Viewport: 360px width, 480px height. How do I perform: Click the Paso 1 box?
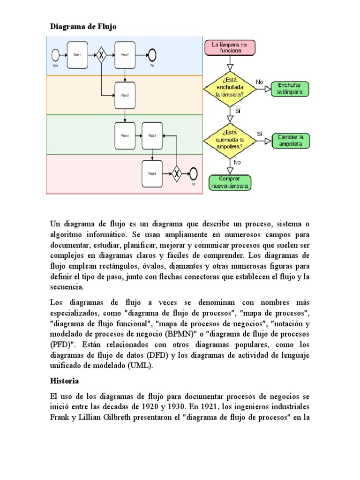(77, 55)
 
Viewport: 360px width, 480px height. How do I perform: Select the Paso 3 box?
(125, 95)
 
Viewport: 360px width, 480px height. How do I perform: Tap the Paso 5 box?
(152, 135)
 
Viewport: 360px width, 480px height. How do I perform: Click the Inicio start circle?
(55, 55)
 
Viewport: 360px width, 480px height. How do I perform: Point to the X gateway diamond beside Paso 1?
(100, 55)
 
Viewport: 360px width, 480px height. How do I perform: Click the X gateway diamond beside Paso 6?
(177, 173)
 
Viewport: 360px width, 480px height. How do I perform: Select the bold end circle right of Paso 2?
(152, 55)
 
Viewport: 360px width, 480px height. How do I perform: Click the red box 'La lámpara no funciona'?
(230, 47)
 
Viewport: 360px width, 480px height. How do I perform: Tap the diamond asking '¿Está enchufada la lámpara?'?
(230, 88)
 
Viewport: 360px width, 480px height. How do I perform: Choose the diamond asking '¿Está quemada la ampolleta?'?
(230, 139)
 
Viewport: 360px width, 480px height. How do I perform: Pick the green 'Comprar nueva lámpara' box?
(230, 182)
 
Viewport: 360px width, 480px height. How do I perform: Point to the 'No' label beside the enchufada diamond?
(260, 82)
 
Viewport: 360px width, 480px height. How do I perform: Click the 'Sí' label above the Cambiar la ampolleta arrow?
(260, 134)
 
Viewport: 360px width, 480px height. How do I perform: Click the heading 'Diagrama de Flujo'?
(83, 27)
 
